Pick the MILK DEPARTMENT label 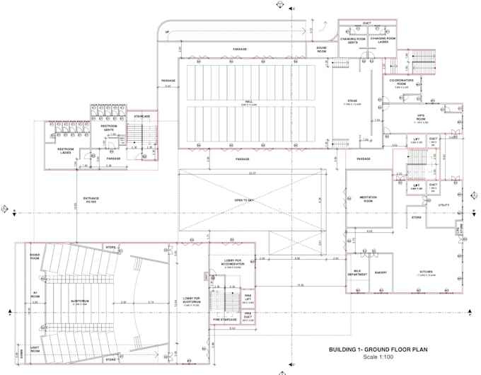pyautogui.click(x=359, y=273)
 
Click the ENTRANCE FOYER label pyautogui.click(x=89, y=200)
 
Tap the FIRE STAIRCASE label pyautogui.click(x=226, y=320)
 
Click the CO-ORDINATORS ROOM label pyautogui.click(x=407, y=83)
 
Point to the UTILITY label pyautogui.click(x=444, y=204)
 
